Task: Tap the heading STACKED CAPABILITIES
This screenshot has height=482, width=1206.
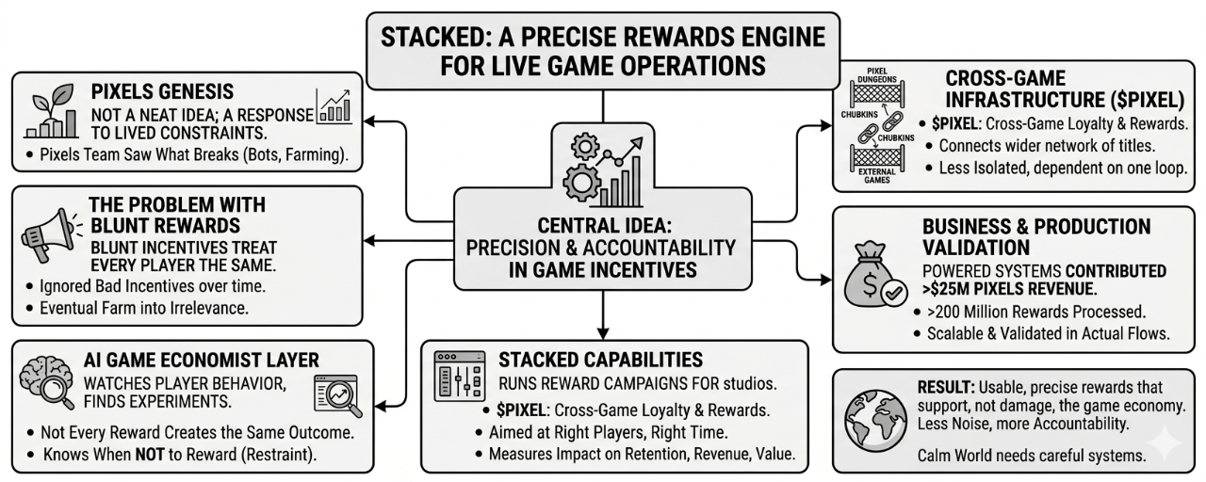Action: [600, 360]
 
